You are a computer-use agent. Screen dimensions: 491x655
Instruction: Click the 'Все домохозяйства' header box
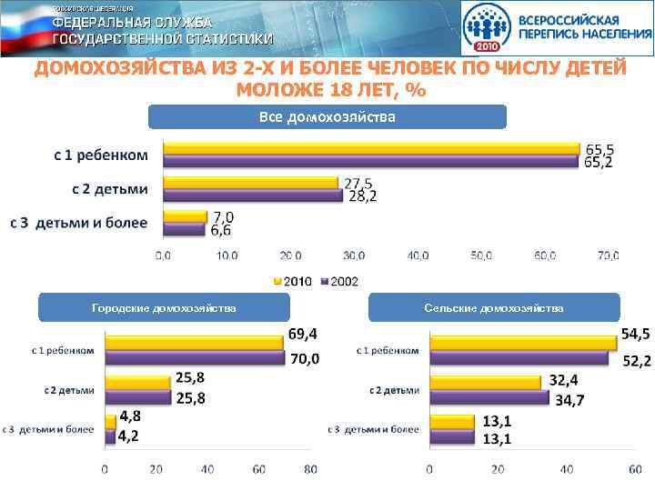tap(327, 117)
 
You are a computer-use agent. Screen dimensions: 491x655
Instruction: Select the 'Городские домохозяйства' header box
tap(164, 308)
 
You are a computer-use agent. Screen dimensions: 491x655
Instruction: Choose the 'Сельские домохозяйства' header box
tap(494, 308)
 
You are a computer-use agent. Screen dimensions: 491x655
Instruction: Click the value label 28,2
tap(362, 196)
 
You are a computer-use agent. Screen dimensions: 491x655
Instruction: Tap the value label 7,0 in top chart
tap(223, 217)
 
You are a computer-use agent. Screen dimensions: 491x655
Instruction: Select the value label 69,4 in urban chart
tap(303, 335)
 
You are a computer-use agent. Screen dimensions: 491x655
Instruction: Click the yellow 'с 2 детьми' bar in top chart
tap(249, 183)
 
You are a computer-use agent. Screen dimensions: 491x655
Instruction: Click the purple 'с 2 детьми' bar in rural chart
tap(489, 397)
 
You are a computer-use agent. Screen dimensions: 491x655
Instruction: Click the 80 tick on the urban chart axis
tap(310, 470)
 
